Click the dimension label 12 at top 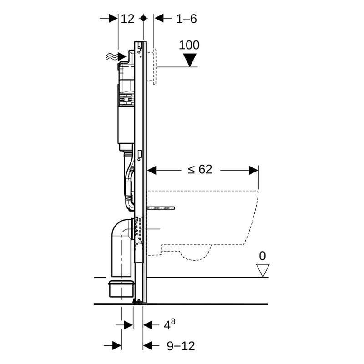128,19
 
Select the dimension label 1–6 187,19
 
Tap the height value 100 189,45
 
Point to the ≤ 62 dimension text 200,170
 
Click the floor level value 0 262,257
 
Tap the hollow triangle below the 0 262,270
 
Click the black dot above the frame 143,18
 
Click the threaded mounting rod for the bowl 162,208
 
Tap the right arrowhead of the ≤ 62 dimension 253,170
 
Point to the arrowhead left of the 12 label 113,19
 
